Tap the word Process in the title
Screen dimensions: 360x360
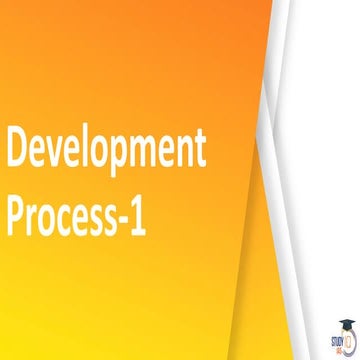coord(64,215)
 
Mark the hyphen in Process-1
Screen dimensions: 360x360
coord(125,218)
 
